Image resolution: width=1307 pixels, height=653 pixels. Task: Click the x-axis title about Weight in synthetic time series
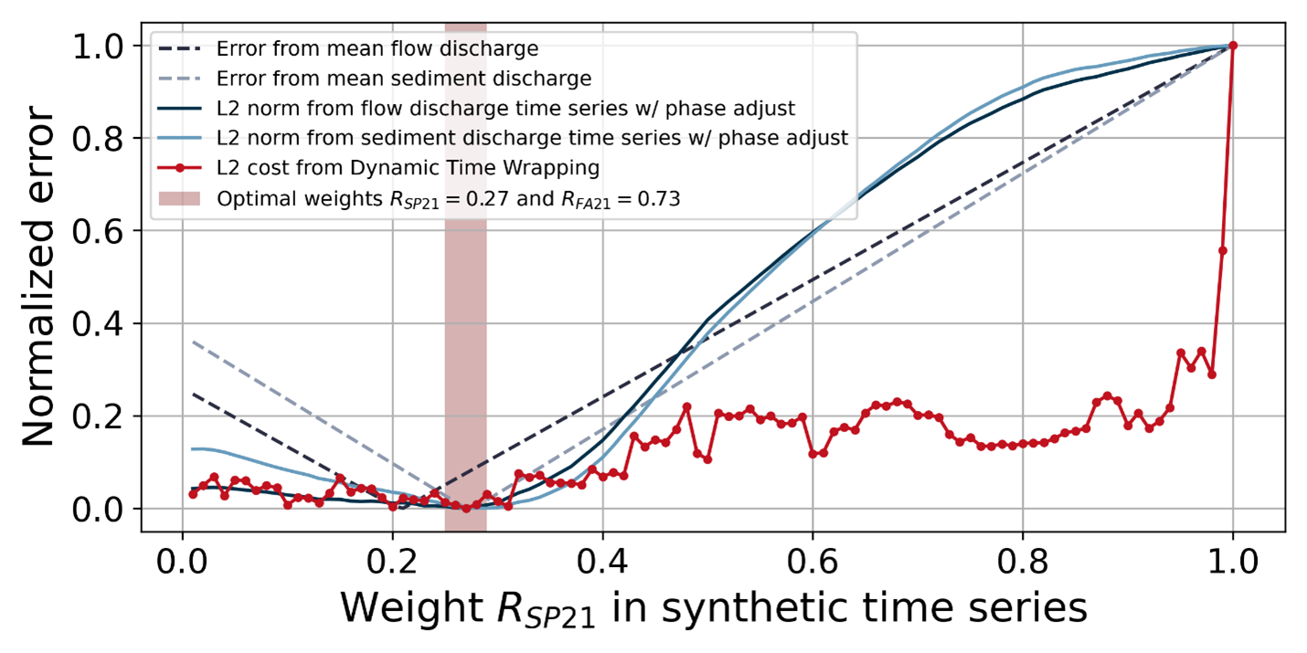click(x=714, y=607)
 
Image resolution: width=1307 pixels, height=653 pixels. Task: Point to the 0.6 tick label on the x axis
click(x=813, y=558)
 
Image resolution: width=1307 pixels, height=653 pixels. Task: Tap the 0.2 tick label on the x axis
click(x=392, y=558)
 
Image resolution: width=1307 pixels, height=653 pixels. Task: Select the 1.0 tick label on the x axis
click(x=1233, y=558)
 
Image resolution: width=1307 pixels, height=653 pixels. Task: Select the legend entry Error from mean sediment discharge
click(x=404, y=78)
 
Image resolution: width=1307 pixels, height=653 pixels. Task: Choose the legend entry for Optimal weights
click(x=448, y=200)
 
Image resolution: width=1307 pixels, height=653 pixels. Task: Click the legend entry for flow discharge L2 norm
click(x=505, y=108)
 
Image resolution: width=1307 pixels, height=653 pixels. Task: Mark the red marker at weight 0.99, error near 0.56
click(x=1223, y=250)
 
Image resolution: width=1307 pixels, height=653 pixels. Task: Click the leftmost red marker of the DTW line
click(x=193, y=494)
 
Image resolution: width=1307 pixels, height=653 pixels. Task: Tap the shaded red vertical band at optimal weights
click(x=465, y=274)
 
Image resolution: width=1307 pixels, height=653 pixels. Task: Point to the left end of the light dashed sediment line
click(x=193, y=342)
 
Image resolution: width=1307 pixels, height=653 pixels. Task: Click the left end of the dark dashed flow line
click(x=193, y=394)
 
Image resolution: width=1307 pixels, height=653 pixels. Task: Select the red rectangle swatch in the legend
click(x=180, y=199)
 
